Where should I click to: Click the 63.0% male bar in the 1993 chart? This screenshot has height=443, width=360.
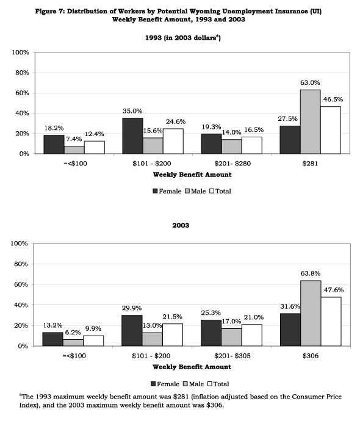click(x=310, y=122)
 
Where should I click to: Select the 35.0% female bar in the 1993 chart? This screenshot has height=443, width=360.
click(x=132, y=136)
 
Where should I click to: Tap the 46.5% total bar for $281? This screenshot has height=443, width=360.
click(x=331, y=130)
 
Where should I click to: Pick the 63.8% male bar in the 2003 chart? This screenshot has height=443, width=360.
click(x=311, y=313)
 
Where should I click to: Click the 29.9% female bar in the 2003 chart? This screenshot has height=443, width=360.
click(x=132, y=331)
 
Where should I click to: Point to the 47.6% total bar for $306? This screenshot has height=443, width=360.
click(x=331, y=322)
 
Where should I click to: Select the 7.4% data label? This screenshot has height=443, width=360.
click(x=74, y=139)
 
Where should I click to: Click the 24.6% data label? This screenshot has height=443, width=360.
click(x=176, y=122)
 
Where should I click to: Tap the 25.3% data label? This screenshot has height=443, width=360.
click(x=211, y=313)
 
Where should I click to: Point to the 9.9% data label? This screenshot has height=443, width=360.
click(x=93, y=328)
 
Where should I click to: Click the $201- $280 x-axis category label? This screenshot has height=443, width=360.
click(x=232, y=164)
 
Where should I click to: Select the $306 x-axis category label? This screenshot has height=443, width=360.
click(x=311, y=356)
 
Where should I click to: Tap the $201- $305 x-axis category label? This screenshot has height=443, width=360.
click(x=232, y=356)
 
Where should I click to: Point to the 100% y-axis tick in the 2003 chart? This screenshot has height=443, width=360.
click(x=19, y=243)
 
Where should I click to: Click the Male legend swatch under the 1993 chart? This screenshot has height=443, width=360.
click(x=187, y=191)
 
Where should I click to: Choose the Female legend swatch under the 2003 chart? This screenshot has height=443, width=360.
click(x=153, y=384)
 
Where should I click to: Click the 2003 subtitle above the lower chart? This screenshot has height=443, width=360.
click(x=181, y=225)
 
